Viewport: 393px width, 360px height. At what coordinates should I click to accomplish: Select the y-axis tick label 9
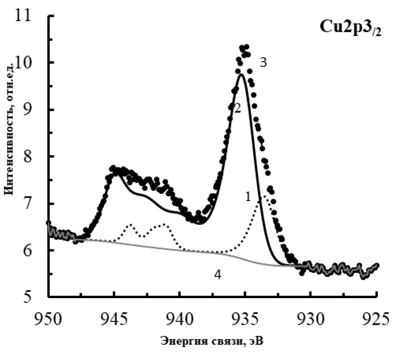31,110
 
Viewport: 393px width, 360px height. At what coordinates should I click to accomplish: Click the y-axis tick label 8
31,157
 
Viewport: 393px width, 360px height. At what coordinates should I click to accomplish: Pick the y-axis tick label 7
31,204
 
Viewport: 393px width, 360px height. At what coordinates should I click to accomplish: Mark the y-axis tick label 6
31,250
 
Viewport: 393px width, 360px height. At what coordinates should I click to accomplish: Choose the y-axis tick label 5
31,297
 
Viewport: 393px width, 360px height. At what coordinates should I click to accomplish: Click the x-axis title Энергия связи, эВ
212,341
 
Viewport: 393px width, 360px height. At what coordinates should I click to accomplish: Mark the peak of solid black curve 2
242,74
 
